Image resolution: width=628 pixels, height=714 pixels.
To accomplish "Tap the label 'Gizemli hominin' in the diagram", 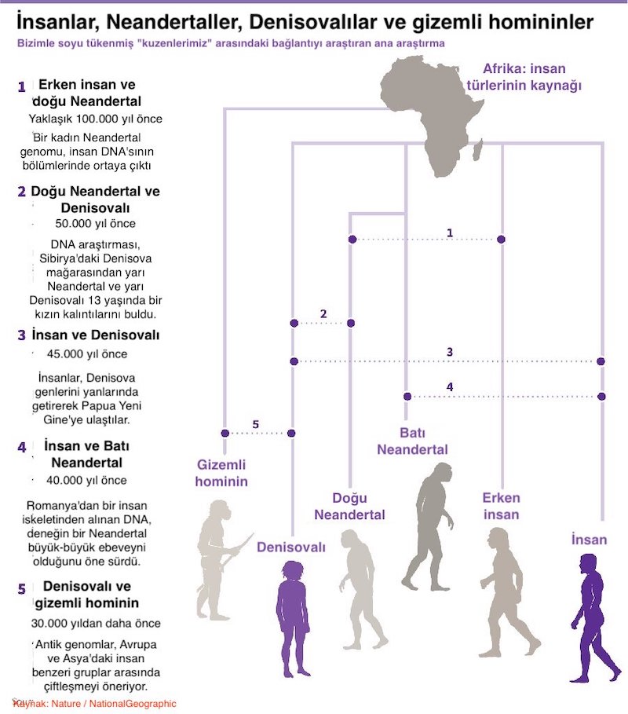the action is tap(221, 473).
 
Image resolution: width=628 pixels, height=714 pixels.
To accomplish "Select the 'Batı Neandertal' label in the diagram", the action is tap(412, 441).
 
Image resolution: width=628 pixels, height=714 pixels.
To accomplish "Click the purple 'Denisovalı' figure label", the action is tap(291, 547).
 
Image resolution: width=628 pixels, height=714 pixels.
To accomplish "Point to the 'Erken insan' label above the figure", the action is tap(501, 506).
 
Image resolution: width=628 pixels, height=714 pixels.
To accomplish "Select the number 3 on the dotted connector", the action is tap(450, 352).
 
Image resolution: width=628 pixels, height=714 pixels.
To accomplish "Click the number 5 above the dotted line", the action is tap(255, 424).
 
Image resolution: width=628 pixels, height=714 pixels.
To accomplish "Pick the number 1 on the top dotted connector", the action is tap(450, 233).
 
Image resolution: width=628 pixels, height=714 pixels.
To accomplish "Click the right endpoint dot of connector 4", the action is tap(601, 397).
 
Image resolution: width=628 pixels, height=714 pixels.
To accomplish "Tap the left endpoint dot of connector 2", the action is tap(294, 324).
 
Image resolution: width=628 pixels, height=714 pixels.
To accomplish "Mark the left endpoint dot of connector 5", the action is tap(225, 433).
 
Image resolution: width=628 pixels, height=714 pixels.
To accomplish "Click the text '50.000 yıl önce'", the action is tap(96, 224).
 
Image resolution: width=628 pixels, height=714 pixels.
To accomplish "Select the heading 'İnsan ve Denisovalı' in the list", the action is tap(96, 335).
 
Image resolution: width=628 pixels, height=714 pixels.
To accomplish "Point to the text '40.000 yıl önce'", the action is tap(86, 481).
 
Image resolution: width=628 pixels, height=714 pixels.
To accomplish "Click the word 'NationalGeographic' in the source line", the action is tap(133, 704).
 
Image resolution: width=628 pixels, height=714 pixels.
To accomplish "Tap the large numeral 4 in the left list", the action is tap(22, 447).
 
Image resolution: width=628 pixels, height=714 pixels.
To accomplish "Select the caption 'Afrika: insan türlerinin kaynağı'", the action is tap(524, 77).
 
